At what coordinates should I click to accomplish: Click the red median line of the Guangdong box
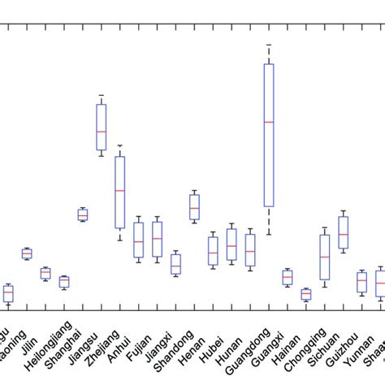269,122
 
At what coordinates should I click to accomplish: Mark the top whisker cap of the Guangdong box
269,43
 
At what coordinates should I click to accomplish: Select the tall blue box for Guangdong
269,162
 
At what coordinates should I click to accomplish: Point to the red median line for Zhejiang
120,190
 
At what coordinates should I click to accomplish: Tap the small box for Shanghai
64,282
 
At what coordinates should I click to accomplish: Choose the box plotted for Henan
194,207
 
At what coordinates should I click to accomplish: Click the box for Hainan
305,294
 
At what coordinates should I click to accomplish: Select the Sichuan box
343,232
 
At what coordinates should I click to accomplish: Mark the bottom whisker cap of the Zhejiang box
120,240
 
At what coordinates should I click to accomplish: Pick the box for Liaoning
27,253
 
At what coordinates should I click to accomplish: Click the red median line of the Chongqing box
325,257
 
